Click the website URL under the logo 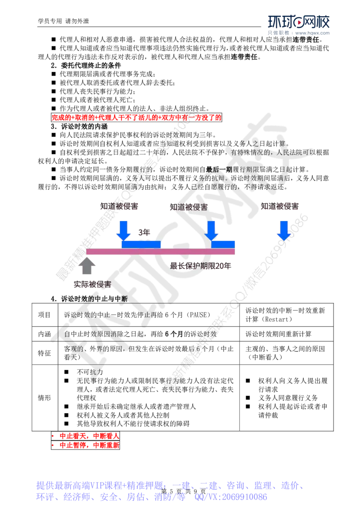click(313, 33)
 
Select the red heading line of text click(137, 118)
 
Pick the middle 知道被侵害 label click(189, 207)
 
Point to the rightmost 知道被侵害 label click(279, 207)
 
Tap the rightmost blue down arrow click(283, 230)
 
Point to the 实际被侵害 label click(92, 285)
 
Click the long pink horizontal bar click(160, 252)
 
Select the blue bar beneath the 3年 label click(141, 244)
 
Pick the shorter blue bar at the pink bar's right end click(224, 244)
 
